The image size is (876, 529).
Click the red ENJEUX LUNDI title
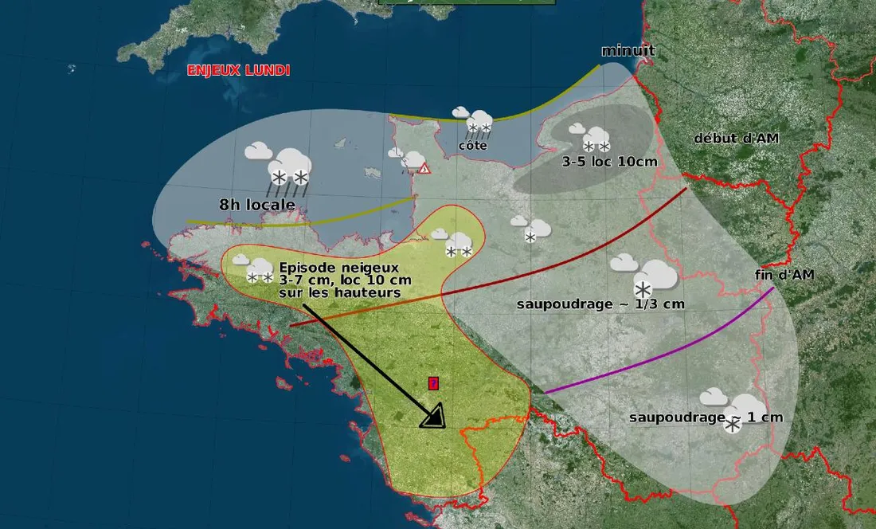coord(238,70)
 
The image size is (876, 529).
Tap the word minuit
coord(628,51)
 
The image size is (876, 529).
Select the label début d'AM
coord(736,138)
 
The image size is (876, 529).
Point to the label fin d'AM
coord(784,275)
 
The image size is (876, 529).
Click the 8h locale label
coord(257,205)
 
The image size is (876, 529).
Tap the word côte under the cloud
coord(473,146)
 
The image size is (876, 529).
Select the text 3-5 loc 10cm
coord(610,162)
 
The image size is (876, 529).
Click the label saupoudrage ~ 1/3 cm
coord(600,304)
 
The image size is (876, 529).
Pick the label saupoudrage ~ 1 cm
coord(706,417)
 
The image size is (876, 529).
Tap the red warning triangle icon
coord(424,168)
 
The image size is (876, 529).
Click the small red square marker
coord(433,383)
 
